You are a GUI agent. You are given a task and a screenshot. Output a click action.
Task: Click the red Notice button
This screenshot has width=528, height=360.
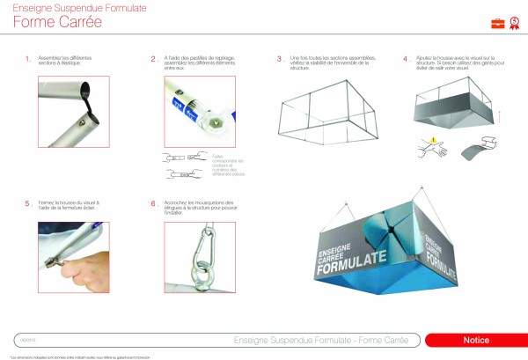(475, 340)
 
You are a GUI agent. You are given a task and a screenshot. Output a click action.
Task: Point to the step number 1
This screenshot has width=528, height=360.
(28, 60)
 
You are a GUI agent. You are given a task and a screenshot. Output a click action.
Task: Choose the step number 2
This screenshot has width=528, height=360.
(154, 60)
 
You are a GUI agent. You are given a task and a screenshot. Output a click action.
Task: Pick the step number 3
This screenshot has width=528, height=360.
(280, 60)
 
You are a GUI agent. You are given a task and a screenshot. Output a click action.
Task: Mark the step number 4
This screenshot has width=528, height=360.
(406, 60)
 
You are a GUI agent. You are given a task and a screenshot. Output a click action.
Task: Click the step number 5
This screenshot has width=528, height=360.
(28, 203)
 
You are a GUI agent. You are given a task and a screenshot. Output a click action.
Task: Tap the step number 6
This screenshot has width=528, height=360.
(154, 203)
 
